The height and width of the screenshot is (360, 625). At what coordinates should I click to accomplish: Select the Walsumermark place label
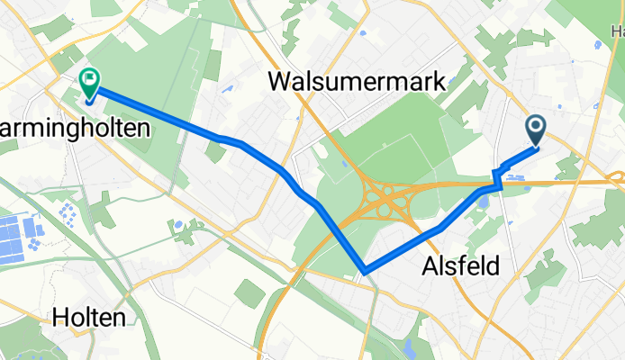coord(358,83)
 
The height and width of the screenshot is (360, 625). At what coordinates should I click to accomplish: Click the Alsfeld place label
coord(460,265)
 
